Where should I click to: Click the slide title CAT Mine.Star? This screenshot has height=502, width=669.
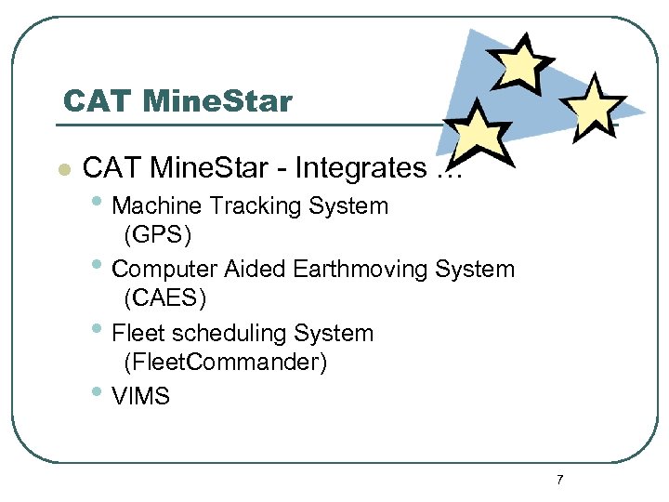click(177, 100)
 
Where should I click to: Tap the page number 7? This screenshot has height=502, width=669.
click(559, 480)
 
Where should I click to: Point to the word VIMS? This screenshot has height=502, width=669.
click(140, 397)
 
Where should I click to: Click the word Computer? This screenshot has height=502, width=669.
click(164, 270)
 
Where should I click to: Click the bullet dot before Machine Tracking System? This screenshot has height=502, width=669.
click(99, 203)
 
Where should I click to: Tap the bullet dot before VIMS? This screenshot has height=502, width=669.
click(99, 394)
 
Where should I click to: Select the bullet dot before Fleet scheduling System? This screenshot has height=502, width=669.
click(99, 330)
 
